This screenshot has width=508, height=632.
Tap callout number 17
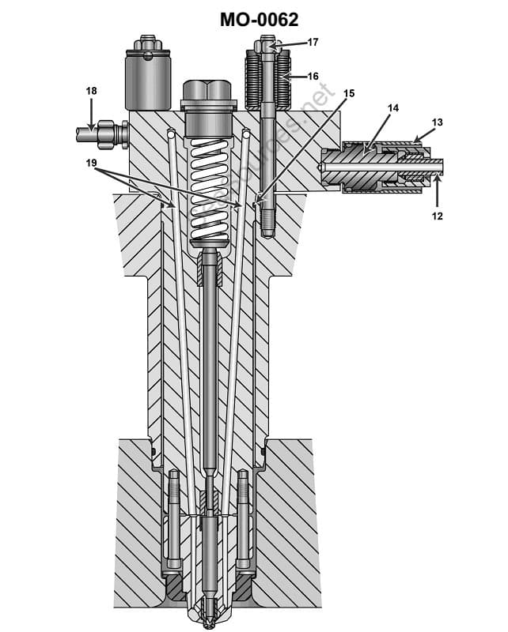pos(313,42)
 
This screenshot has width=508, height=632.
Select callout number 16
pos(313,77)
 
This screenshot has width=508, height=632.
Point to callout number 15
pos(349,93)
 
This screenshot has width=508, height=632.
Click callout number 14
pos(393,107)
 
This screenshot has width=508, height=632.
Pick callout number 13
pos(437,122)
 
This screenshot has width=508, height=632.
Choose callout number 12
pos(437,215)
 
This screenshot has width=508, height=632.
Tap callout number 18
pos(92,92)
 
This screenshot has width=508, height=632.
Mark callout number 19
pos(93,163)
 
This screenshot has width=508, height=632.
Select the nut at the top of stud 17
pos(267,45)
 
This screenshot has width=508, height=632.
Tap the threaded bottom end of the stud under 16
pos(267,217)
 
